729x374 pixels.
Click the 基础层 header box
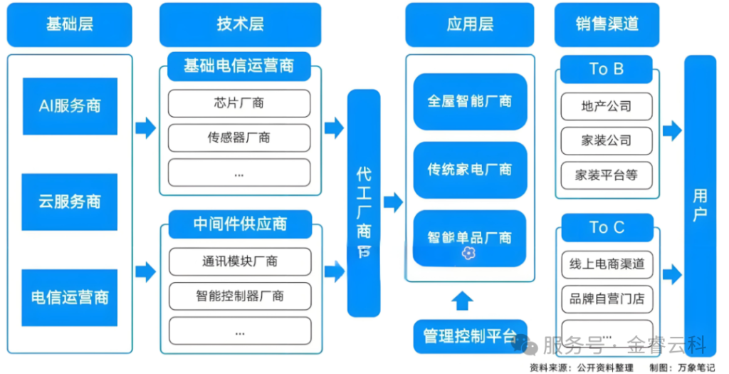[70, 24]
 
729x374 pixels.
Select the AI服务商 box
[70, 106]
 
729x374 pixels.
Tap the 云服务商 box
[70, 202]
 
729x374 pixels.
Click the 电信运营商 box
[70, 297]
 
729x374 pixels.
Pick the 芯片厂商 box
[239, 103]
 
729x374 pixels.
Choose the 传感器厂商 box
[239, 137]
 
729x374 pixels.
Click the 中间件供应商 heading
[240, 224]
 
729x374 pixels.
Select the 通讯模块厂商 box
[239, 261]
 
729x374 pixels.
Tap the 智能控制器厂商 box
[239, 296]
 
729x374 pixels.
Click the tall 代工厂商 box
[364, 203]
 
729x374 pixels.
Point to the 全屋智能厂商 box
[470, 101]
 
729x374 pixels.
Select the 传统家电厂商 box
[470, 170]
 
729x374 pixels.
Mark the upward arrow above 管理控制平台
[463, 300]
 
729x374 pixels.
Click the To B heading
[607, 69]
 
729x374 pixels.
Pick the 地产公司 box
[607, 106]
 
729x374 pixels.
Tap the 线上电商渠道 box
[607, 264]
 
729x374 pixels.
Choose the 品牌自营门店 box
[607, 298]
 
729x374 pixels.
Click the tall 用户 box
[700, 203]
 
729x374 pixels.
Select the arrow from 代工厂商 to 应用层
[393, 202]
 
